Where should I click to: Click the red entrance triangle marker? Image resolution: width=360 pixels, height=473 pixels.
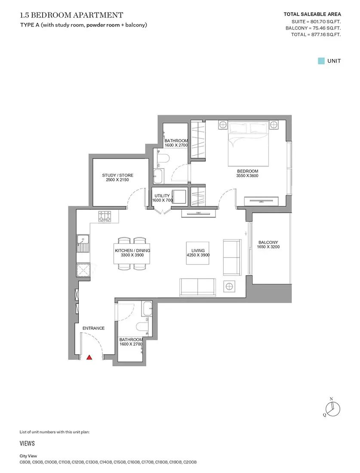[89, 357]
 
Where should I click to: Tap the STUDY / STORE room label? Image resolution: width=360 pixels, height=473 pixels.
[117, 175]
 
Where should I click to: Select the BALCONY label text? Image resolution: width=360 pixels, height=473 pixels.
[268, 242]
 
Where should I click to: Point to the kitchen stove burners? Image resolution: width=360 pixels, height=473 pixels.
[105, 216]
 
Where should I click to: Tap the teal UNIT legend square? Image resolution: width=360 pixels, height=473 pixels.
[321, 61]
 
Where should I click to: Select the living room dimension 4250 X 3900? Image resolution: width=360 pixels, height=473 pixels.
[198, 255]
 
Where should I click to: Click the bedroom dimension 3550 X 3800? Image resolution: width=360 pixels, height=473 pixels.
[247, 175]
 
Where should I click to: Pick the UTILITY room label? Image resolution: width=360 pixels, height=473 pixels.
[162, 196]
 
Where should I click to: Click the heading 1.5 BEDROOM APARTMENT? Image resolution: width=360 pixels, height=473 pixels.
[72, 15]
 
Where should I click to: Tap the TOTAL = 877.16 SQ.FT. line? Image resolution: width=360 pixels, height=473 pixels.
[316, 35]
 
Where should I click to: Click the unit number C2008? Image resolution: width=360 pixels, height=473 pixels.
[190, 462]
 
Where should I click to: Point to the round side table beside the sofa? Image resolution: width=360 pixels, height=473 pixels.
[229, 286]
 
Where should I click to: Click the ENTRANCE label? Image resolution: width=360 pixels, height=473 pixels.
[93, 328]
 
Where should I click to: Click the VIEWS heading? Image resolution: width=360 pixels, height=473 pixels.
[27, 443]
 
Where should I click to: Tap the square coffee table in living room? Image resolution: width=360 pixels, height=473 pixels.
[198, 253]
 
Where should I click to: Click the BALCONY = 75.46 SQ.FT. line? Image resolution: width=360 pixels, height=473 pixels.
[313, 28]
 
